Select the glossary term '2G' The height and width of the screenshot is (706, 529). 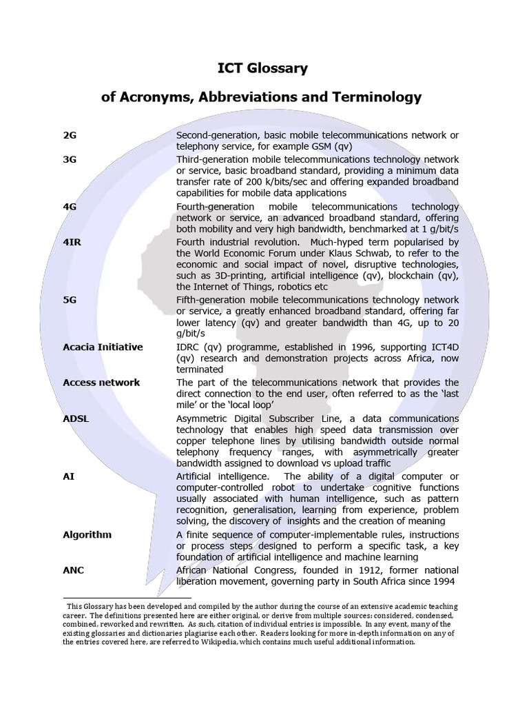70,136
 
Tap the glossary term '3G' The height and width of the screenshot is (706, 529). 70,159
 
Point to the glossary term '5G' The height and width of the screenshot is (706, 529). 70,300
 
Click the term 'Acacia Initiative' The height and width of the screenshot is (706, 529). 103,347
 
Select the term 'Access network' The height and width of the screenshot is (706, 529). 101,382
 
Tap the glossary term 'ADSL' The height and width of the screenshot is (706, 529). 76,418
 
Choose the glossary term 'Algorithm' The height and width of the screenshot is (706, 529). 87,534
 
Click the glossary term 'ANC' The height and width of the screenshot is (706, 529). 74,570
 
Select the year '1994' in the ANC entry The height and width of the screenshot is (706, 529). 446,581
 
